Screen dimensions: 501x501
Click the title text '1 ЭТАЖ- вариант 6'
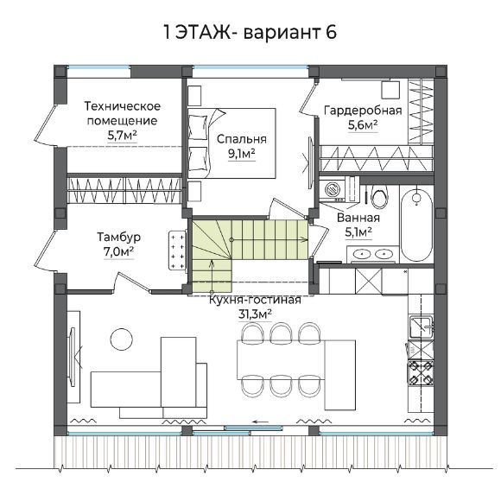250,32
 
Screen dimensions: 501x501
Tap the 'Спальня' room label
242,139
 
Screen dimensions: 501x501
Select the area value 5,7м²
123,136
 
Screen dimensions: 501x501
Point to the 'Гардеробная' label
363,111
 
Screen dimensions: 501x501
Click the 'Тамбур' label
119,237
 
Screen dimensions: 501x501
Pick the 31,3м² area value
255,314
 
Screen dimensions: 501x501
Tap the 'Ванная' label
358,218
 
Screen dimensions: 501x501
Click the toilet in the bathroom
379,195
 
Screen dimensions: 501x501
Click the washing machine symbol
333,189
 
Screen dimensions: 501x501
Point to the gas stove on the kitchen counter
420,372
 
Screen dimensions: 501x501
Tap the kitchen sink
422,327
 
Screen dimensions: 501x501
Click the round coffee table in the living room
122,339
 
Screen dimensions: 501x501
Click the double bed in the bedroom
231,143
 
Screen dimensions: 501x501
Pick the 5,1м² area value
358,232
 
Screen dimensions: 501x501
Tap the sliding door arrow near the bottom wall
262,422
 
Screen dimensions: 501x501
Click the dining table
282,360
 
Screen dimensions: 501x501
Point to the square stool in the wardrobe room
390,90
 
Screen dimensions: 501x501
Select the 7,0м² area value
118,252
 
